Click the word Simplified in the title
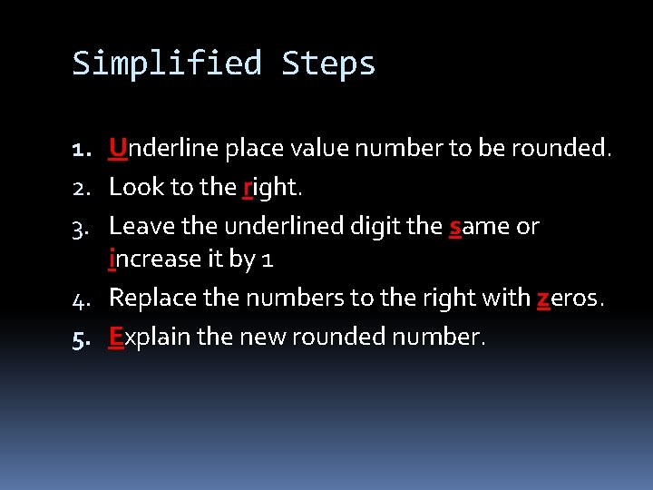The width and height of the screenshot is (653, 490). pos(166,64)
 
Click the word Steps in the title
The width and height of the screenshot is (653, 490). pos(328,64)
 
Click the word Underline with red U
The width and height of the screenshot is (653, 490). pos(150,148)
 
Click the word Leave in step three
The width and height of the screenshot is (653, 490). pos(138,226)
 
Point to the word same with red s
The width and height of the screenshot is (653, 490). pos(480,226)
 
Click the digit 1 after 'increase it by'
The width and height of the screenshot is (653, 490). pos(267,260)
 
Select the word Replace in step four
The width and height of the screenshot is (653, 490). pos(149,298)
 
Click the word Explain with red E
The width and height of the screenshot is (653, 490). pos(150,338)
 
